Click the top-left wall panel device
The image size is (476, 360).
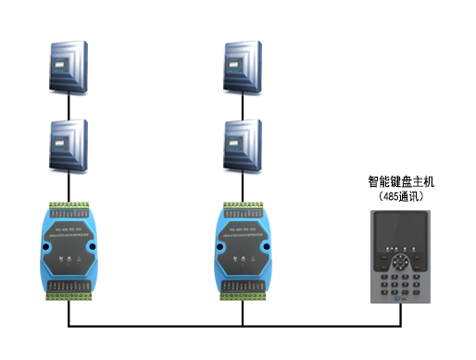click(69, 65)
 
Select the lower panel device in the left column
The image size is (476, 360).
click(69, 146)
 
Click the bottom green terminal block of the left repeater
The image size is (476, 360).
click(69, 294)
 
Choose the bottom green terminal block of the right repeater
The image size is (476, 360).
click(243, 294)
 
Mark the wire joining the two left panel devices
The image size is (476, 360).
click(69, 106)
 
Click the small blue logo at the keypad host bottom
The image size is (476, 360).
click(402, 297)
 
